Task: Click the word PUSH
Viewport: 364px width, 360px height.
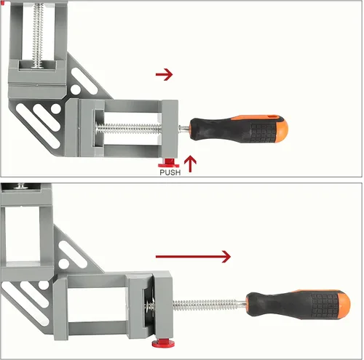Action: [170, 172]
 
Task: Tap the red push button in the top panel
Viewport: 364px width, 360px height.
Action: [169, 164]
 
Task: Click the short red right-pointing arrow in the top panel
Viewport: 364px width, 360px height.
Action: [165, 74]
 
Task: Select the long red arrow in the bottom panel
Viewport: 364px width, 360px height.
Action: [193, 257]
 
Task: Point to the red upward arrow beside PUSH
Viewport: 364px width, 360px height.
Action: [190, 164]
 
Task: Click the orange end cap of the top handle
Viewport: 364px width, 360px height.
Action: [282, 129]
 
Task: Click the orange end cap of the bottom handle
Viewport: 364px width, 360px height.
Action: [344, 305]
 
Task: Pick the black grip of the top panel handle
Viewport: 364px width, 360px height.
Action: [233, 129]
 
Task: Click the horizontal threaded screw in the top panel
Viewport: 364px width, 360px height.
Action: [129, 129]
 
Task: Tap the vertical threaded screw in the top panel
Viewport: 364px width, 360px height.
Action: [38, 34]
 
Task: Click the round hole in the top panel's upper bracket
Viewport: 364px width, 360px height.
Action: [76, 89]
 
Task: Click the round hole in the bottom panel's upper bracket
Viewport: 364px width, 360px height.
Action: [64, 263]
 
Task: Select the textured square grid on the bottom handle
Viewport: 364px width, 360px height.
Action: [323, 305]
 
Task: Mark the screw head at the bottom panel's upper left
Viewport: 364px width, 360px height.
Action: [21, 186]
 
